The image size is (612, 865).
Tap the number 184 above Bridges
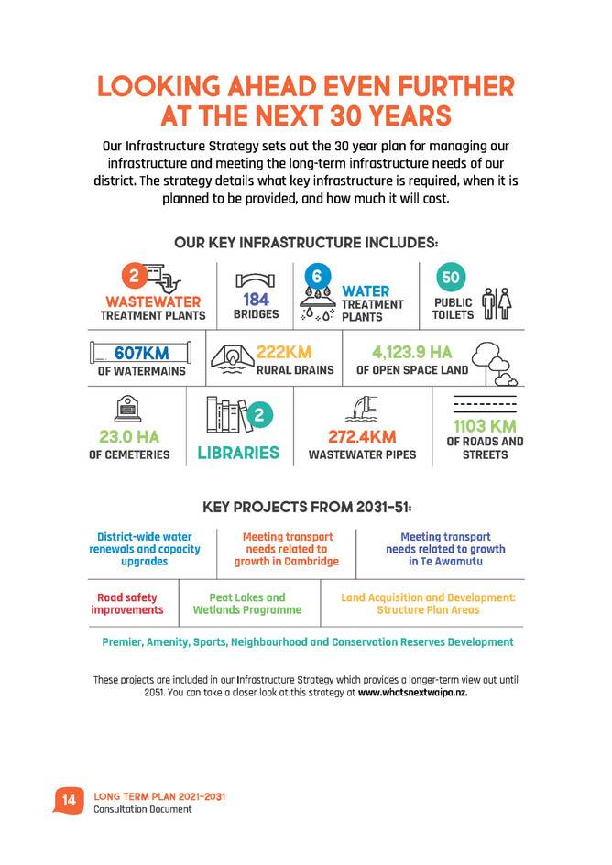[x=256, y=300]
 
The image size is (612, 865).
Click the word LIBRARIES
[x=238, y=453]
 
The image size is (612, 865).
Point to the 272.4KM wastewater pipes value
[x=362, y=438]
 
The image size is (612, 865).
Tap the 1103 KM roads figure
[x=485, y=426]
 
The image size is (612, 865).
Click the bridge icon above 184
[x=256, y=279]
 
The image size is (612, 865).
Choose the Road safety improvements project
[x=127, y=603]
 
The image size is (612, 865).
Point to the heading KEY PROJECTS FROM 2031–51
[x=307, y=506]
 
